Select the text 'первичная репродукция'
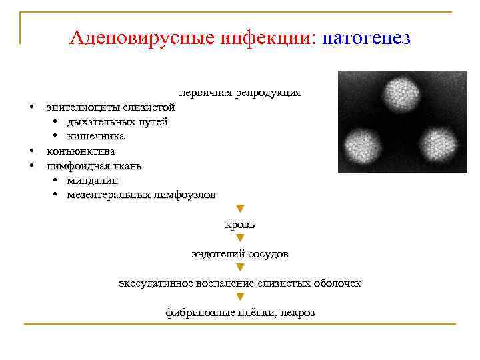[240, 93]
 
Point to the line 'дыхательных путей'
[117, 122]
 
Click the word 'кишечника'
[95, 137]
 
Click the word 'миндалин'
[93, 180]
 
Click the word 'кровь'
[240, 225]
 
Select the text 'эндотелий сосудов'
[240, 254]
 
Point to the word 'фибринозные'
[195, 313]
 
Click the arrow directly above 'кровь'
[241, 209]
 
